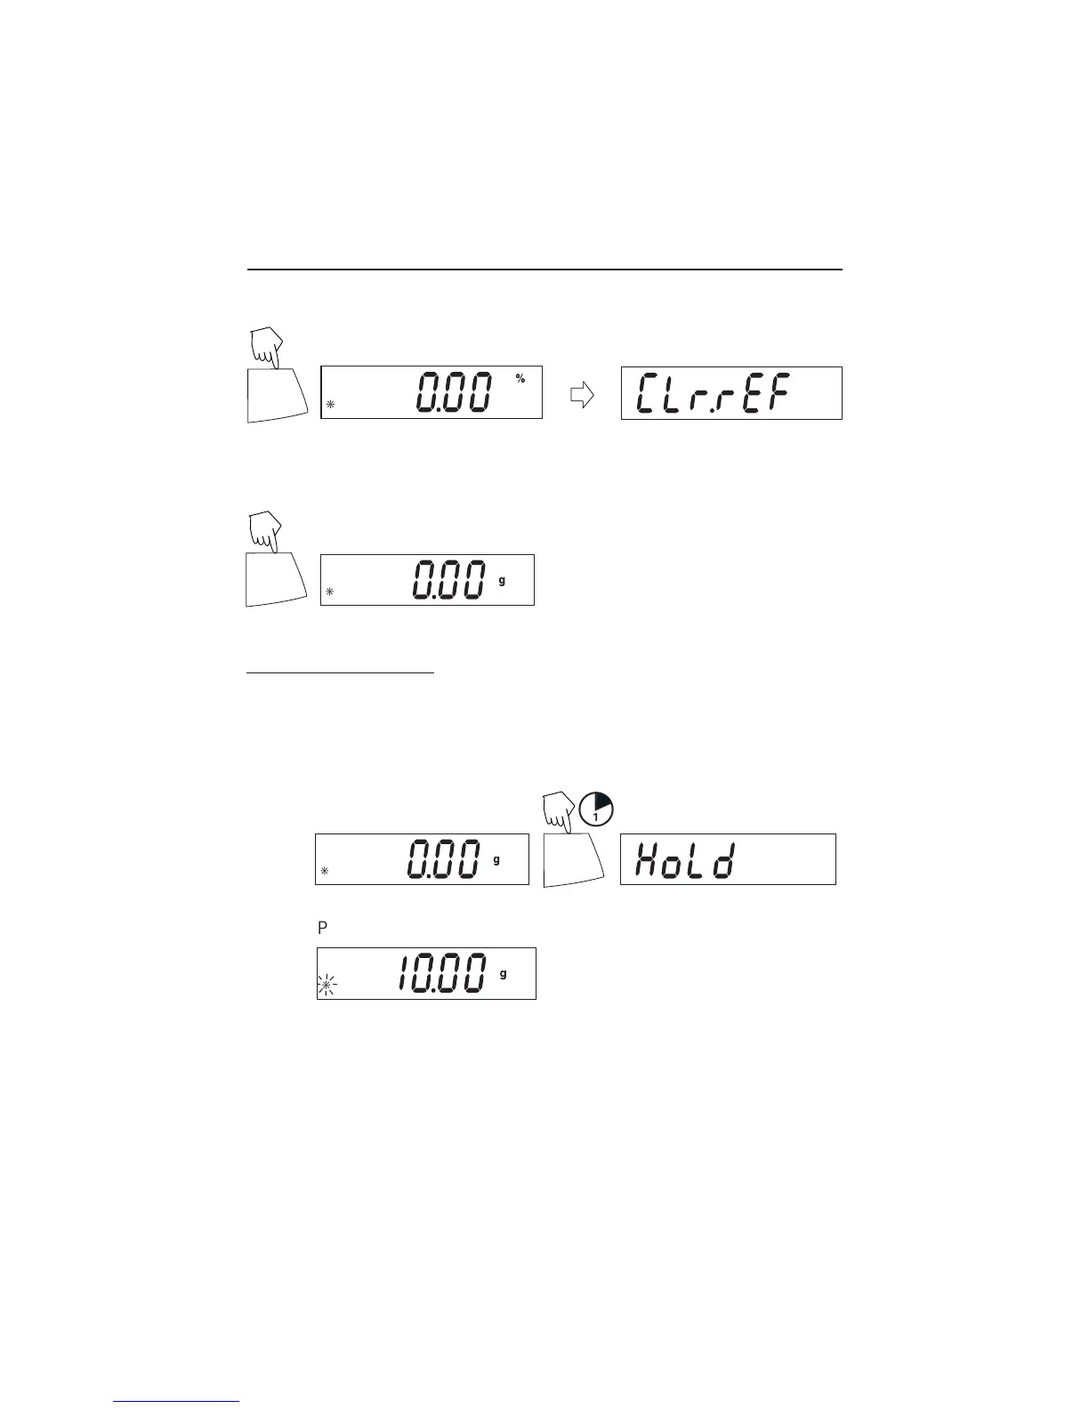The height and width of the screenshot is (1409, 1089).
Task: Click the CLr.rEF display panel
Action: pyautogui.click(x=731, y=393)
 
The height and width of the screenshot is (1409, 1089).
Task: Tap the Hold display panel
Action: pyautogui.click(x=728, y=859)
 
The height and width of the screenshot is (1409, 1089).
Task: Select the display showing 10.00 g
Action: pyautogui.click(x=426, y=974)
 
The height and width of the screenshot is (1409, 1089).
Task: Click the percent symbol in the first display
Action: pyautogui.click(x=520, y=379)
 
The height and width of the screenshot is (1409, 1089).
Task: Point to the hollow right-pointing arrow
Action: pyautogui.click(x=581, y=395)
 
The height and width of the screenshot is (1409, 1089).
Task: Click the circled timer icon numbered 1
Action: pyautogui.click(x=596, y=808)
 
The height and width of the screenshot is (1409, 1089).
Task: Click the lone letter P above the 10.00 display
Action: pyautogui.click(x=323, y=928)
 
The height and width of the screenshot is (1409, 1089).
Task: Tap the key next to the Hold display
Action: pyautogui.click(x=573, y=859)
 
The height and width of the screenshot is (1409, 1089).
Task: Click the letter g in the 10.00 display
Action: pyautogui.click(x=504, y=973)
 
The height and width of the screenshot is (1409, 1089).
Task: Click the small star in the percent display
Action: pyautogui.click(x=330, y=405)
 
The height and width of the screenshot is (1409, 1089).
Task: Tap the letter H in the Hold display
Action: pyautogui.click(x=646, y=861)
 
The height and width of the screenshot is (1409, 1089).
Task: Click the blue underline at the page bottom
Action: pyautogui.click(x=176, y=1403)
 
